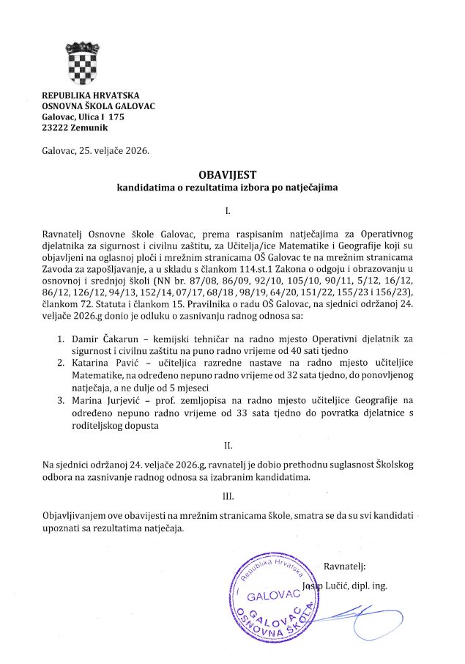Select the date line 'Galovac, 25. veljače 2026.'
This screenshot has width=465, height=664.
95,152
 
